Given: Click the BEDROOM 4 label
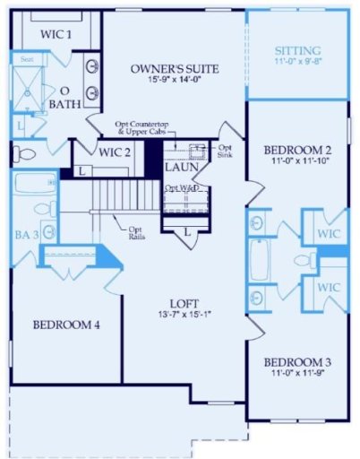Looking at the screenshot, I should (67, 325).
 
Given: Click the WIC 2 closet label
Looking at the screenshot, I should (115, 152).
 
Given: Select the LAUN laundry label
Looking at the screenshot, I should (182, 168).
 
